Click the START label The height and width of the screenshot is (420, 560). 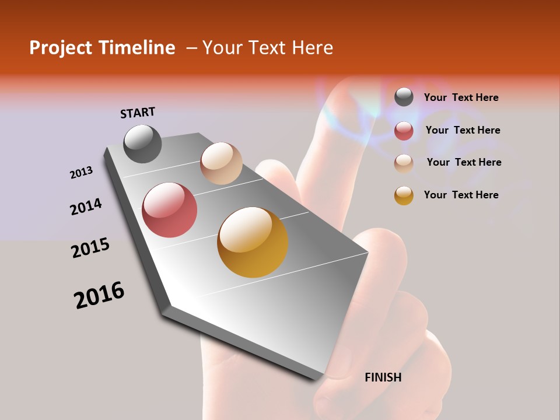pos(138,113)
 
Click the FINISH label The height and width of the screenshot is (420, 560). pos(383,377)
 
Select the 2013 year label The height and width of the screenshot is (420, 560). pos(82,173)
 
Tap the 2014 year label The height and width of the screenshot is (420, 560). pos(86,207)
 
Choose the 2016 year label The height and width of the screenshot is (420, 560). pos(99,295)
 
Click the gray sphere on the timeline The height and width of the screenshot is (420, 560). pos(143,143)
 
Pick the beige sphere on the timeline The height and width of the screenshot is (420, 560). pos(221,163)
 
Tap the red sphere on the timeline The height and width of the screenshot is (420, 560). pos(170,210)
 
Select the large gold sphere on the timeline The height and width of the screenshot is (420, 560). pos(253,242)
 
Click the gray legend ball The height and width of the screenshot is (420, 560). pos(404,97)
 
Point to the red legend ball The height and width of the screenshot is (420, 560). pos(404,131)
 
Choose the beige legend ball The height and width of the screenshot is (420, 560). pos(404,163)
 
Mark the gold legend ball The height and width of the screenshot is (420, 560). pos(404,195)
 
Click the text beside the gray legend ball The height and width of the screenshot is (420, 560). pos(461,97)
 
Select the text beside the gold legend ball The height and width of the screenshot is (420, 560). pos(461,195)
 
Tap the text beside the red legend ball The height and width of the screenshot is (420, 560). pos(463,130)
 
